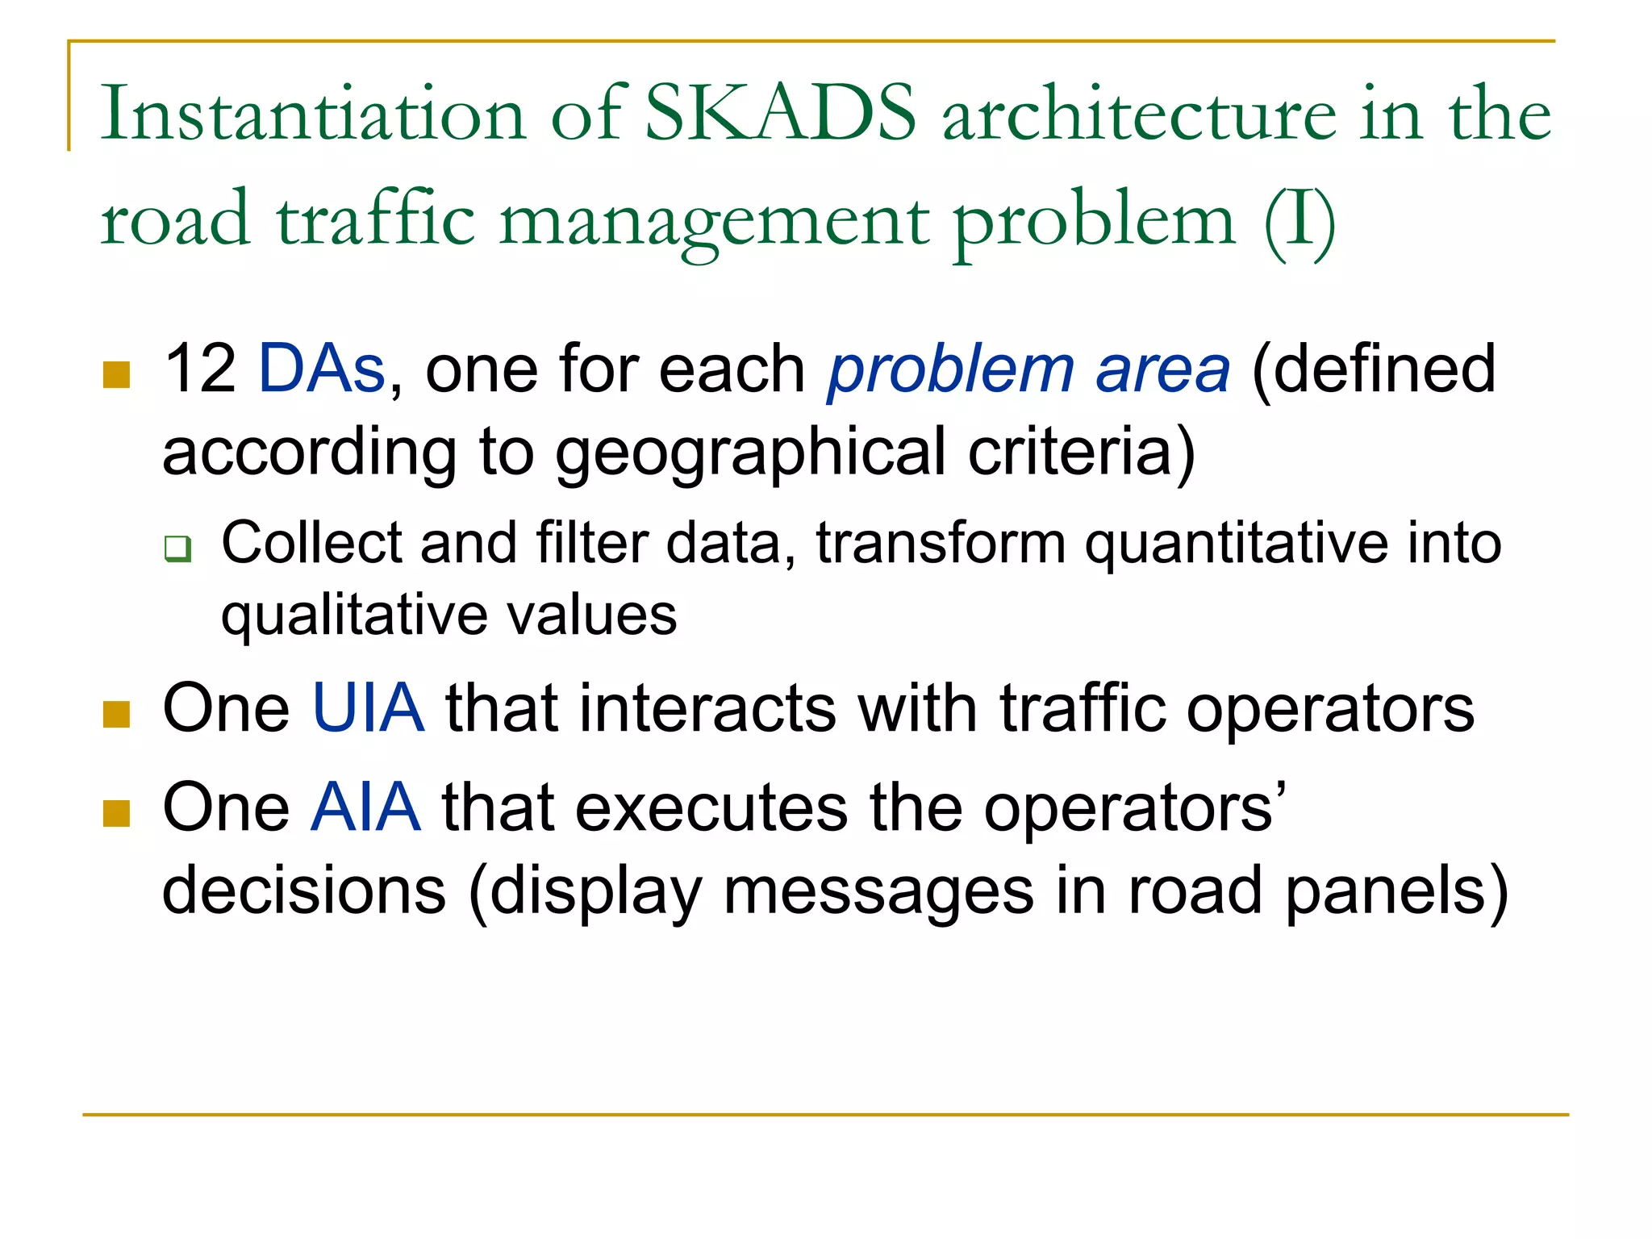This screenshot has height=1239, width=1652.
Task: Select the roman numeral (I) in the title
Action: coord(1299,220)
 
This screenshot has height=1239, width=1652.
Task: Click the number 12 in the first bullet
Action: coord(199,369)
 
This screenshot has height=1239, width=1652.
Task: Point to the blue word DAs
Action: coord(322,369)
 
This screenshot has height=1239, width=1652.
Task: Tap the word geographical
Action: coord(750,453)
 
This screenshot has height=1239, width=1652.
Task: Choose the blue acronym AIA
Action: coord(366,807)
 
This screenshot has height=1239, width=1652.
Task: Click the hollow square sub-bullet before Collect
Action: coord(177,549)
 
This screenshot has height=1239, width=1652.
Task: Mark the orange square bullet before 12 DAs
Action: coord(117,375)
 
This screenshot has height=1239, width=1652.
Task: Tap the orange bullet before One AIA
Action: coord(117,814)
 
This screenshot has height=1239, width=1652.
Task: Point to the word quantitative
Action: coord(1235,544)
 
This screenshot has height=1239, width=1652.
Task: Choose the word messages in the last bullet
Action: coord(878,891)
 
